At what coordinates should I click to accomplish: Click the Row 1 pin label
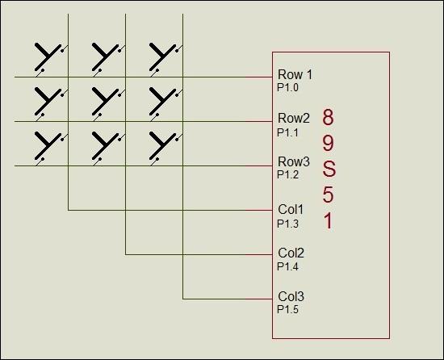295,75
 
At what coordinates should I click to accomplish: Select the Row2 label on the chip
294,119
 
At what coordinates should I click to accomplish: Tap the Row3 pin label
294,162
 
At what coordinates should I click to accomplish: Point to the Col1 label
291,210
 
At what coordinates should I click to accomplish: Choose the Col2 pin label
291,253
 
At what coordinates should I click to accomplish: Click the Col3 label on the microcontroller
291,297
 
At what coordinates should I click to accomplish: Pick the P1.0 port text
287,88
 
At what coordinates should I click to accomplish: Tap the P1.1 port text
287,132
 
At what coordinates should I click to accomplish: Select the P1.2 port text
287,175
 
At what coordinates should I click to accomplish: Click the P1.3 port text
287,224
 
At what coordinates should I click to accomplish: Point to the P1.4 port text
287,266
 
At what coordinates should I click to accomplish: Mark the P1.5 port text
287,310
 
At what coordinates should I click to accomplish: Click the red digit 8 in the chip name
329,117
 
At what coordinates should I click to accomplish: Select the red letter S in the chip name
329,170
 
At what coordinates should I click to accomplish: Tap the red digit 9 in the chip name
329,143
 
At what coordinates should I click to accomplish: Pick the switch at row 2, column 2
108,104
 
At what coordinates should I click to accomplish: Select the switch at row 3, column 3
165,149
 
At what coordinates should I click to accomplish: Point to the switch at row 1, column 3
165,60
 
